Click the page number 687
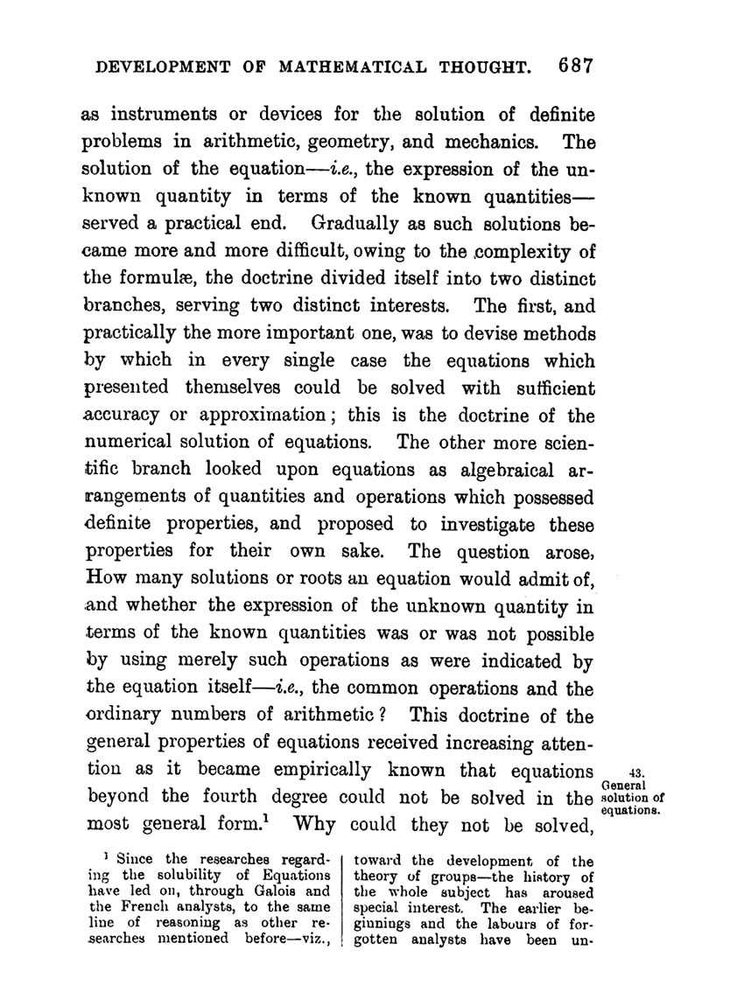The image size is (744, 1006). pyautogui.click(x=573, y=67)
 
